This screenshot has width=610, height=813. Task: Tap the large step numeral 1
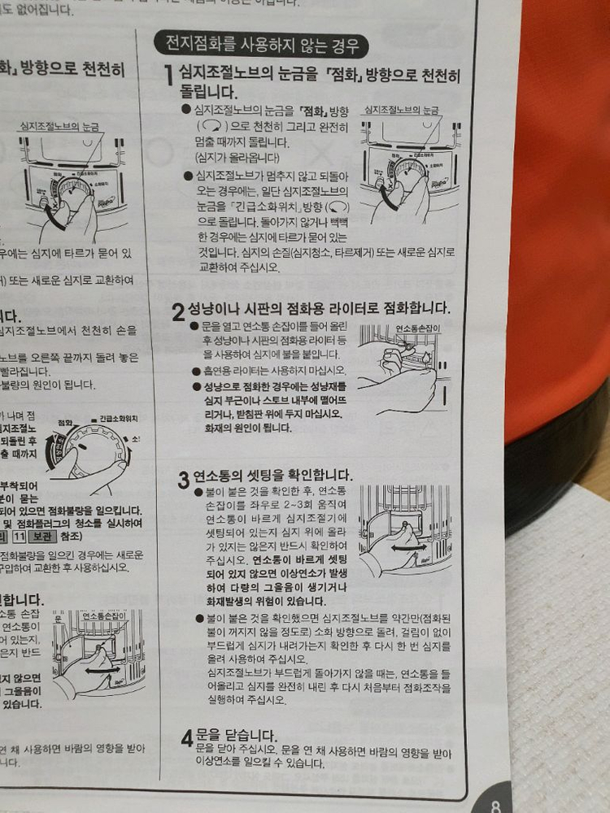[168, 77]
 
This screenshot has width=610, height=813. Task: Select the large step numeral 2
[178, 313]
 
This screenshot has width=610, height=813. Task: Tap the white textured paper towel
[561, 650]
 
